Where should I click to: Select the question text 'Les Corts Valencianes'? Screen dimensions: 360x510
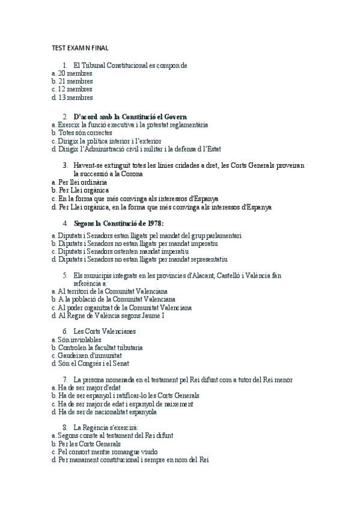[x=105, y=331]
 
